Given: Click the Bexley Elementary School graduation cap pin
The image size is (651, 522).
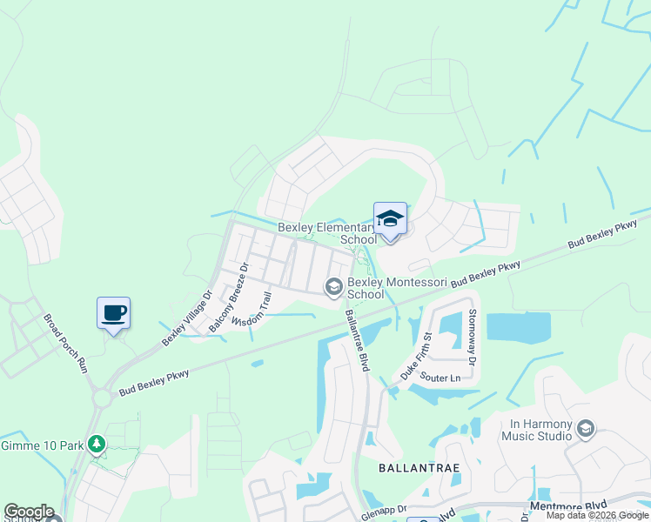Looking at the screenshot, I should coord(390,219).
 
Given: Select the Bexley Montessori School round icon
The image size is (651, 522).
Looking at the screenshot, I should coord(333,286).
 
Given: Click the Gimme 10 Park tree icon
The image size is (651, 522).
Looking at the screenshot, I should coord(97,445).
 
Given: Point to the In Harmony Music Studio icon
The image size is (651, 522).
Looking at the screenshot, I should coord(586,427).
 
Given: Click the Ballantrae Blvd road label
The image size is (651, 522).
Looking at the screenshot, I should coord(359,343).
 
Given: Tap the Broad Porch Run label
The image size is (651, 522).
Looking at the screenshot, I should coord(66,343).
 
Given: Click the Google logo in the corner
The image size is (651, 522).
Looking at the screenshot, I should coord(29,511).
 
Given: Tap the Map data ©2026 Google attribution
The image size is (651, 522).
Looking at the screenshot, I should coord(596,515).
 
